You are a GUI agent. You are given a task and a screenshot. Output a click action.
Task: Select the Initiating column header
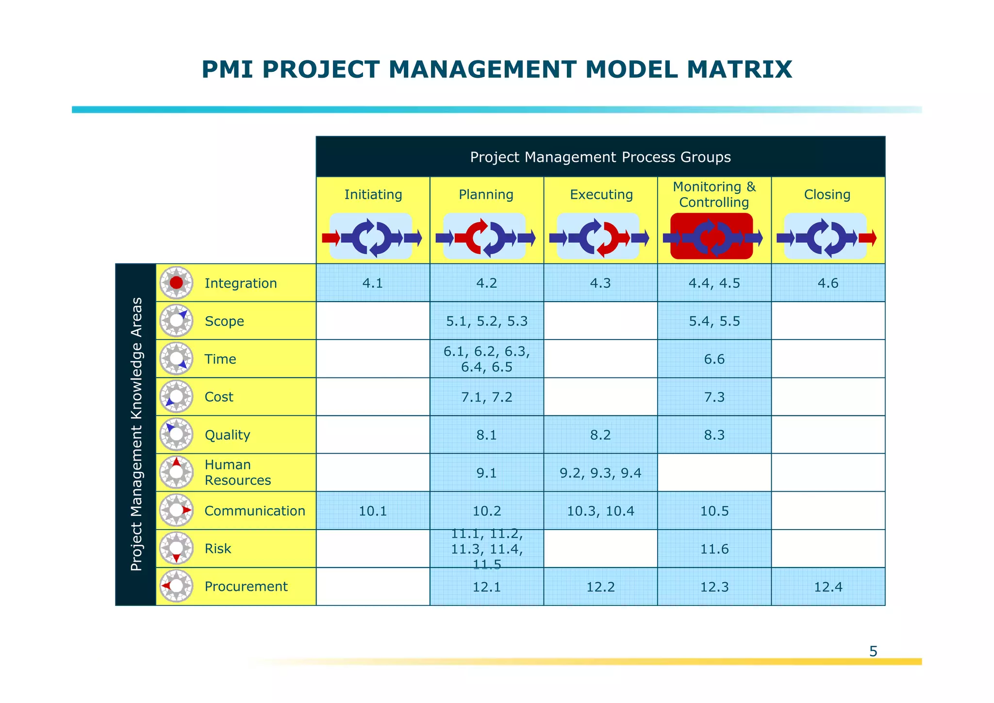pyautogui.click(x=373, y=195)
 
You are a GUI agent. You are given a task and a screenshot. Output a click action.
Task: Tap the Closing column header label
pyautogui.click(x=827, y=195)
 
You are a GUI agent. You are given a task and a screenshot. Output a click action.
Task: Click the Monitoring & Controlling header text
pyautogui.click(x=714, y=194)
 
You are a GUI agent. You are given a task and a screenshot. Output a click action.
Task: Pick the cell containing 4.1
pyautogui.click(x=373, y=283)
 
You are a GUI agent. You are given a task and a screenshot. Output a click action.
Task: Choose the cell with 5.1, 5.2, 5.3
pyautogui.click(x=486, y=321)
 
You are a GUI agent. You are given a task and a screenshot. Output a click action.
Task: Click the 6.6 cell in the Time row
pyautogui.click(x=714, y=360)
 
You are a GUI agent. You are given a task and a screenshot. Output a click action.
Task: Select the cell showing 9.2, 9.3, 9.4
pyautogui.click(x=600, y=473)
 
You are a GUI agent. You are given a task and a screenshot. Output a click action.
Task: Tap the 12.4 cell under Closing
pyautogui.click(x=828, y=587)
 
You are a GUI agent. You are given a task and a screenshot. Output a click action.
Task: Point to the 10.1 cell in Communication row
pyautogui.click(x=373, y=511)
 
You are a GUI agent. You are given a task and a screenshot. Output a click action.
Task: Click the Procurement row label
pyautogui.click(x=246, y=587)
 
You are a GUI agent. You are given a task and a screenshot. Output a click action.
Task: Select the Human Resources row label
pyautogui.click(x=237, y=473)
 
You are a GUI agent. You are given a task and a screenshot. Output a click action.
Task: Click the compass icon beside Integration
pyautogui.click(x=176, y=283)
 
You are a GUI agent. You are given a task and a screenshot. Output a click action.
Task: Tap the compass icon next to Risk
pyautogui.click(x=176, y=549)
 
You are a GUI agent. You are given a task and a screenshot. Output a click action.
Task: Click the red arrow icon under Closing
pyautogui.click(x=867, y=238)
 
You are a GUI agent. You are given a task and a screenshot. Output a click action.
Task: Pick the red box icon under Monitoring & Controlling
pyautogui.click(x=712, y=237)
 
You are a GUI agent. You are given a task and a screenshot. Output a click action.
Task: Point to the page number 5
pyautogui.click(x=873, y=652)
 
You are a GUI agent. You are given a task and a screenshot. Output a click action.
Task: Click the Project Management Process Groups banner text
pyautogui.click(x=600, y=157)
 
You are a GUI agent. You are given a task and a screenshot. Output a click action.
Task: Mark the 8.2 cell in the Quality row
pyautogui.click(x=600, y=435)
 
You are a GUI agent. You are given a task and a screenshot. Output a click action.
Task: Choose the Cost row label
pyautogui.click(x=219, y=397)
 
